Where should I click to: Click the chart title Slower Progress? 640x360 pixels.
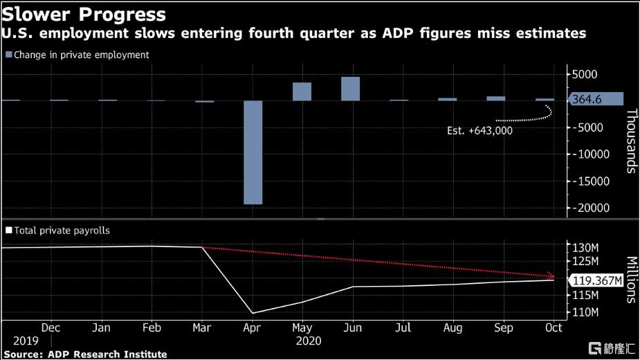(x=84, y=14)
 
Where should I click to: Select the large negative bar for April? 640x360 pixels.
(x=253, y=152)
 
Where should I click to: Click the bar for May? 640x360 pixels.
(x=302, y=91)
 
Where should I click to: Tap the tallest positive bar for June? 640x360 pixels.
(x=351, y=89)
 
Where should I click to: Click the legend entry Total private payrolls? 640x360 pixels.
(x=62, y=231)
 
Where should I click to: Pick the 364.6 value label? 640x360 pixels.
(x=587, y=100)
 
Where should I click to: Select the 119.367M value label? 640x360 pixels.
(x=596, y=280)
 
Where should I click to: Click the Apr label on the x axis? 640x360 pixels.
(x=251, y=327)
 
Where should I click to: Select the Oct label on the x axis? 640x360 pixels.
(x=553, y=327)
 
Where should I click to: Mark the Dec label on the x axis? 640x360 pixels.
(x=51, y=327)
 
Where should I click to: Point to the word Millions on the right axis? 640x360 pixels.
(x=631, y=280)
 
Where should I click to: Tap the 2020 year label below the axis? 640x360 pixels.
(x=309, y=341)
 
